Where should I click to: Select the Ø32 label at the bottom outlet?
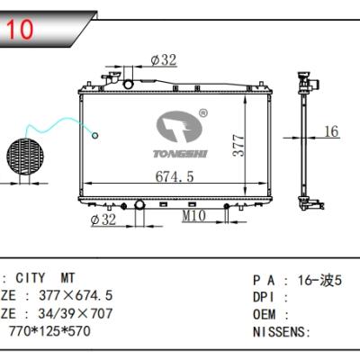(105, 218)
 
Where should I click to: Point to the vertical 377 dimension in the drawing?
(238, 144)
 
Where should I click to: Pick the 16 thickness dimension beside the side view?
(330, 131)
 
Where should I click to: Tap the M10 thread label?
(193, 217)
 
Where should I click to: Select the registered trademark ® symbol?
(202, 113)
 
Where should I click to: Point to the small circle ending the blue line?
(94, 136)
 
